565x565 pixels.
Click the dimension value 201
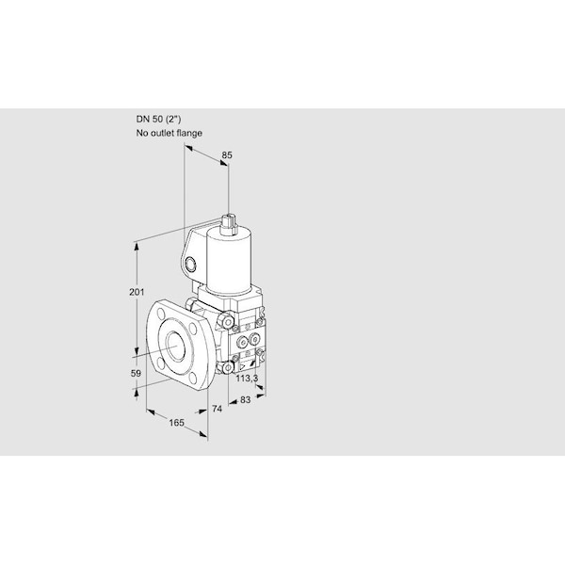pyautogui.click(x=137, y=292)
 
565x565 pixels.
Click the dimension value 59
pyautogui.click(x=136, y=373)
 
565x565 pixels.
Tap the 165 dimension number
pyautogui.click(x=177, y=422)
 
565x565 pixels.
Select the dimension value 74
pyautogui.click(x=217, y=409)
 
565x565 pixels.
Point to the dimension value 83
pyautogui.click(x=245, y=399)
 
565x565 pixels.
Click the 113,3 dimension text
pyautogui.click(x=247, y=379)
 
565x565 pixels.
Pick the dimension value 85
pyautogui.click(x=227, y=155)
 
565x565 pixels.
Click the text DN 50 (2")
pyautogui.click(x=158, y=119)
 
